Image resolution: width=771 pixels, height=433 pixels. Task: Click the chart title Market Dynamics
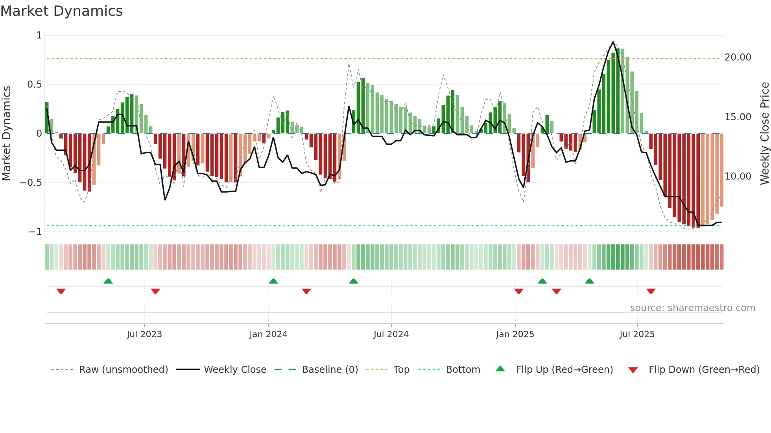62,11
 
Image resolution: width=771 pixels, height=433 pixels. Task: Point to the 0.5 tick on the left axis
34,84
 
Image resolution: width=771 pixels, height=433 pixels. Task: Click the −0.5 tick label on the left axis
31,183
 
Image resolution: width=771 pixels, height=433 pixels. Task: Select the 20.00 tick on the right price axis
738,57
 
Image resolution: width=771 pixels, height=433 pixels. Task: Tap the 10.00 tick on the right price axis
738,176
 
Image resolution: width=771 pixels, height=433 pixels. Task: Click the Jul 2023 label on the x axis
144,334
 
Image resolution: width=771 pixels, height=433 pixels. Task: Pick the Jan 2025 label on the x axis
515,334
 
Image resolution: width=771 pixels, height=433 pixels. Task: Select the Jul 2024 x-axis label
391,334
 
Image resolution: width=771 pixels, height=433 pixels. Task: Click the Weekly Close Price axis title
764,133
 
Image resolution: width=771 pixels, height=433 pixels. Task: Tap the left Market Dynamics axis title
6,133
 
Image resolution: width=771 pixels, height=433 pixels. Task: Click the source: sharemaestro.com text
692,308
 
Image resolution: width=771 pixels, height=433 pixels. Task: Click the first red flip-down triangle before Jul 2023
61,291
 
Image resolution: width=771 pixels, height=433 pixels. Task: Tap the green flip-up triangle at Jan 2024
273,281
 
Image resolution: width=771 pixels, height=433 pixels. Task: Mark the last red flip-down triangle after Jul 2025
651,291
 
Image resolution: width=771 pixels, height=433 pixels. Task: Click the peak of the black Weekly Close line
613,42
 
